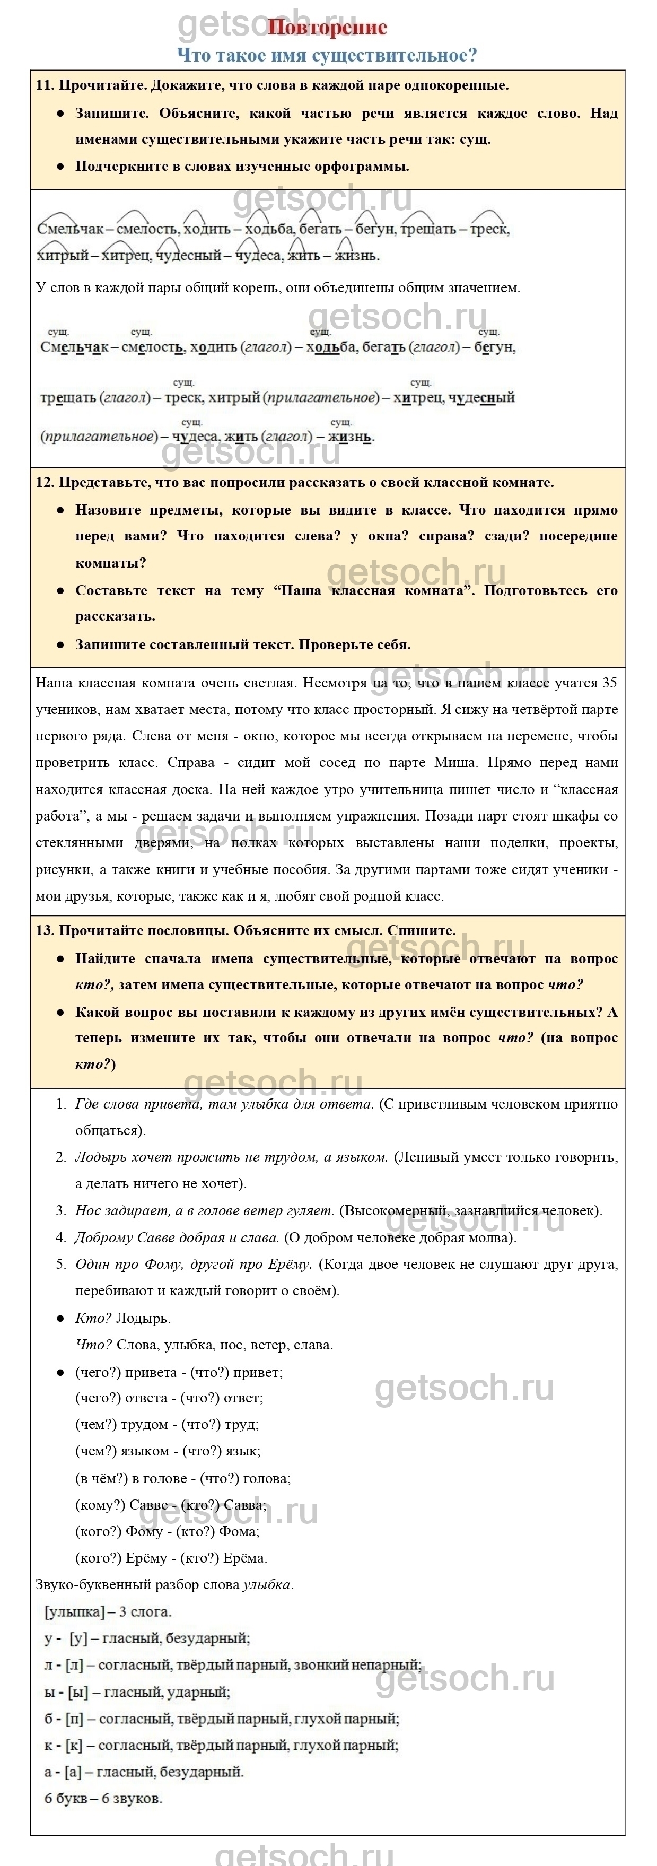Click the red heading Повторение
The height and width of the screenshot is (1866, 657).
(327, 28)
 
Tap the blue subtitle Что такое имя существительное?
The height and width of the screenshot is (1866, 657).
(327, 55)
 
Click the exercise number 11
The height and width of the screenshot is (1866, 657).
(43, 85)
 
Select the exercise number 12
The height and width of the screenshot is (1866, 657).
(43, 483)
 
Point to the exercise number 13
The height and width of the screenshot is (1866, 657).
(43, 931)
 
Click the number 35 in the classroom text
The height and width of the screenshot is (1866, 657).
(609, 683)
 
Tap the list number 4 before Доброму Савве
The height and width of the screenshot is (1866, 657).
(61, 1238)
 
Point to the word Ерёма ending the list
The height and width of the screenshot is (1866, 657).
(245, 1558)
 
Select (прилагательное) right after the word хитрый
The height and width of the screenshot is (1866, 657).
(321, 398)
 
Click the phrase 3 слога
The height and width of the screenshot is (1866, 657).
(146, 1612)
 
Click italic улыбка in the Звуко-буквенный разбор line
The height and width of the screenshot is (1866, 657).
(267, 1585)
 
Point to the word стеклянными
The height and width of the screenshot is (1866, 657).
(77, 843)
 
